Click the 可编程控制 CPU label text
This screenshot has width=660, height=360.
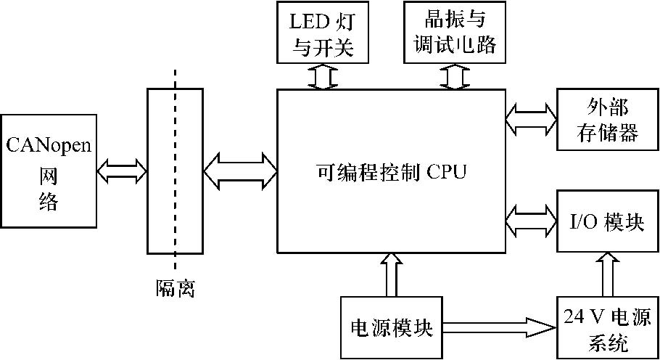tap(392, 172)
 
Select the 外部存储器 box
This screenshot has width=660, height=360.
tap(607, 119)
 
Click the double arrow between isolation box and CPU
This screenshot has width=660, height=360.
tap(240, 172)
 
